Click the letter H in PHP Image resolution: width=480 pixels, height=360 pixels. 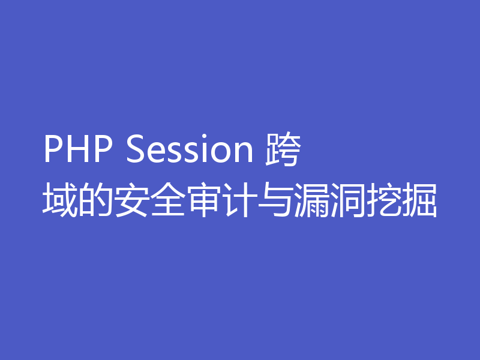click(x=76, y=151)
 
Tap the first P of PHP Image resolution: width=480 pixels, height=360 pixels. click(x=53, y=151)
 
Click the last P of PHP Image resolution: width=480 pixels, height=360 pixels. click(x=99, y=151)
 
